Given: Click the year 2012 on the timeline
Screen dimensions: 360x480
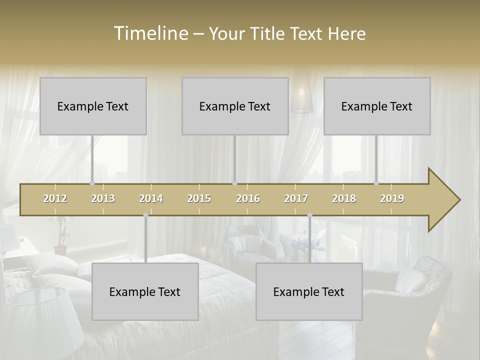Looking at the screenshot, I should pos(55,198).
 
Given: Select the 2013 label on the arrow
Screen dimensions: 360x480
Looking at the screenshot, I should pos(103,198).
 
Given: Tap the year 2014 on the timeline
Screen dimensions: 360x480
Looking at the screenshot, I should pos(151,198).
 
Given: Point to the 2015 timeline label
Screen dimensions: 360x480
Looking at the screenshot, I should pos(199,198).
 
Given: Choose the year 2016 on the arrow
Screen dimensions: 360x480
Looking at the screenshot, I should pos(248,198).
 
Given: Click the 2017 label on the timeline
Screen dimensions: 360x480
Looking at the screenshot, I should pos(296,198).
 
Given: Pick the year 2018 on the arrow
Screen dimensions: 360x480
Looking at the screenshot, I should pos(344,198).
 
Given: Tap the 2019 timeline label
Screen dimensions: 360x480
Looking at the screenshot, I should pos(392,198).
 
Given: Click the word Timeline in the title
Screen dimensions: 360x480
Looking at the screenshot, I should pos(150,33).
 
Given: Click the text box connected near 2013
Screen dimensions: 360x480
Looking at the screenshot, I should pos(93,106).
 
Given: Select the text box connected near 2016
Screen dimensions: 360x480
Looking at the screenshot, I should pos(235,106).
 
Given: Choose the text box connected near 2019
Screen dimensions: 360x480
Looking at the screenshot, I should pos(377,106).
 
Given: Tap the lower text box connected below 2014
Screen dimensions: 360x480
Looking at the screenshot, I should pos(145,291).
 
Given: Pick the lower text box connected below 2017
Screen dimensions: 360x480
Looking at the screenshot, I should pos(309,291).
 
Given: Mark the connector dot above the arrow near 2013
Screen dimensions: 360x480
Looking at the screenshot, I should pos(92,183).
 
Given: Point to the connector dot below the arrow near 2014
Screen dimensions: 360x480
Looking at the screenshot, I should pos(145,215).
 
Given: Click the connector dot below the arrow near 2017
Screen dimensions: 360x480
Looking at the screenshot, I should pos(309,215).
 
